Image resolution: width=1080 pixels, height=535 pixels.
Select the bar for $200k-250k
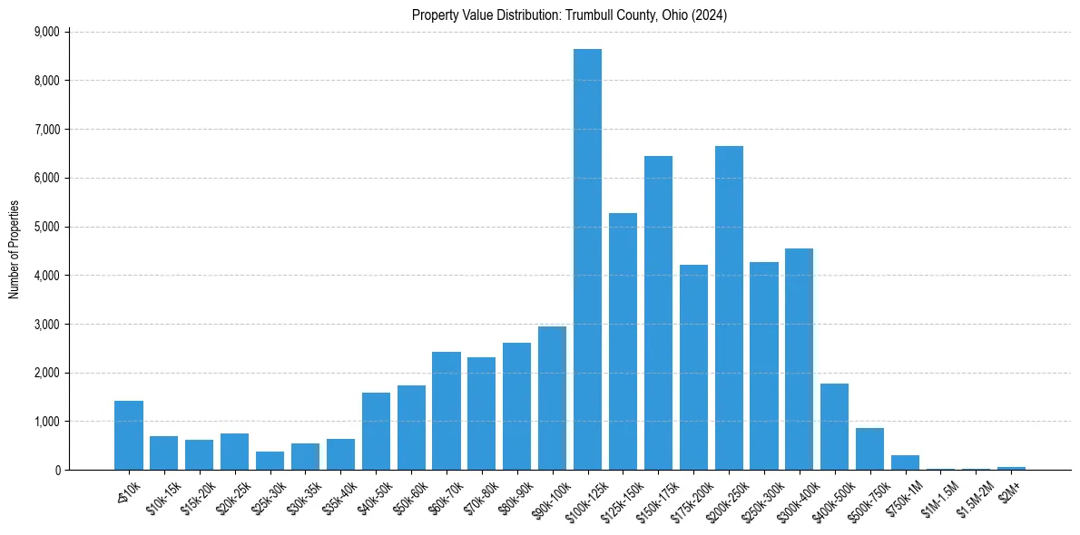coord(729,308)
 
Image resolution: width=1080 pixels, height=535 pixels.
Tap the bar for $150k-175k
coord(658,313)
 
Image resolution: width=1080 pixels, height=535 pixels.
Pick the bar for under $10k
coord(128,435)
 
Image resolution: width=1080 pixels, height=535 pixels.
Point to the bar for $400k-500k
coord(835,427)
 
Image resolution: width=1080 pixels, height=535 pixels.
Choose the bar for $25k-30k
coord(270,461)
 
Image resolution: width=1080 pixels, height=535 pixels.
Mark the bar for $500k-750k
coord(870,449)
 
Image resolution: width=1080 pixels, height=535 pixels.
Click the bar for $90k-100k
coord(552,398)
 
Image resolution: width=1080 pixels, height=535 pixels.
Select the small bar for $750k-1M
coord(906,462)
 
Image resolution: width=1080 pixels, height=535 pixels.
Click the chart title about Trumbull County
coord(570,15)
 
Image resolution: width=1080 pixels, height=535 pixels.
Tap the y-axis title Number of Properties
coord(15,249)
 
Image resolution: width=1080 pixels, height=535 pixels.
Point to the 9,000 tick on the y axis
coord(45,32)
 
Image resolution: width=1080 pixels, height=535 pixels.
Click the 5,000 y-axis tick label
coord(45,227)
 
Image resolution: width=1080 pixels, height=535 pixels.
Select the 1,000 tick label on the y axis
coord(45,422)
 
